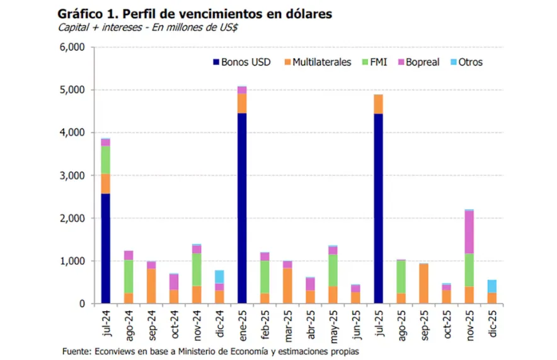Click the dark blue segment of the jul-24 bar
[x=105, y=248]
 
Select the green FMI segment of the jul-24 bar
[x=105, y=160]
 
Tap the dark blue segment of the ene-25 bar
[x=241, y=208]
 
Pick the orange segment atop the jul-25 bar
[x=378, y=104]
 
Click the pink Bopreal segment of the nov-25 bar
[x=469, y=232]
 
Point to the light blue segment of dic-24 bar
[x=219, y=277]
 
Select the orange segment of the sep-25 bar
[x=423, y=284]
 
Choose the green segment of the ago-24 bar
[x=128, y=276]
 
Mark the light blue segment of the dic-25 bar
[x=491, y=286]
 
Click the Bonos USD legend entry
[x=242, y=62]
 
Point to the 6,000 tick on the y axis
[x=72, y=47]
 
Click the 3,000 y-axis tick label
[x=72, y=175]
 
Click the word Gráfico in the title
[x=81, y=13]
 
